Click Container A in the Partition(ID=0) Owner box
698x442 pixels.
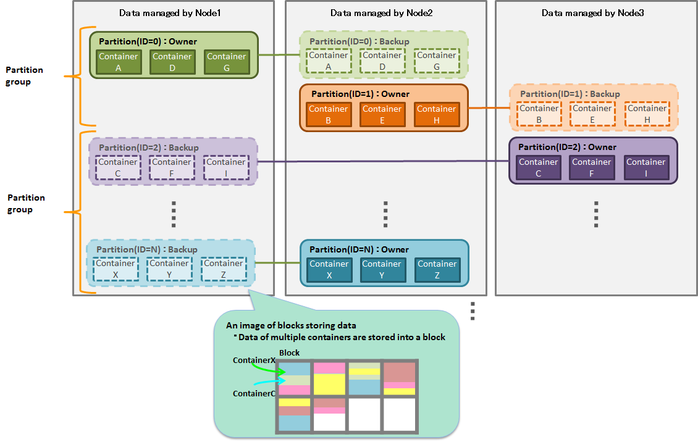(118, 62)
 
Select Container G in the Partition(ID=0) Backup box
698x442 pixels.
(437, 60)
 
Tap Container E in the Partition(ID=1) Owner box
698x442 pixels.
(382, 114)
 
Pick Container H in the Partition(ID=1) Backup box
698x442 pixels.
(647, 114)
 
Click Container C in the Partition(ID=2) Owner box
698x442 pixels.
(538, 167)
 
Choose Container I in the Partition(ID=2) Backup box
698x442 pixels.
(225, 167)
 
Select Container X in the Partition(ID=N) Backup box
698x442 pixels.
(115, 269)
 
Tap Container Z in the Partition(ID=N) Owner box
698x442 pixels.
(437, 269)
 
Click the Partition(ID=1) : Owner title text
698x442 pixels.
(360, 94)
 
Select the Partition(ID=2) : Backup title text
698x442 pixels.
(148, 148)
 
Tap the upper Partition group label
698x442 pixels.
(24, 76)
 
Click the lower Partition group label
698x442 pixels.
(26, 204)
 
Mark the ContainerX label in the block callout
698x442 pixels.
(254, 360)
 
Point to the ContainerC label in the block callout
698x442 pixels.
(254, 393)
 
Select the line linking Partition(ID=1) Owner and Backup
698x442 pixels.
(489, 109)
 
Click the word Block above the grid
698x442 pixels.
(289, 352)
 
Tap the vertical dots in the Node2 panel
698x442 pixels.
(385, 214)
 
